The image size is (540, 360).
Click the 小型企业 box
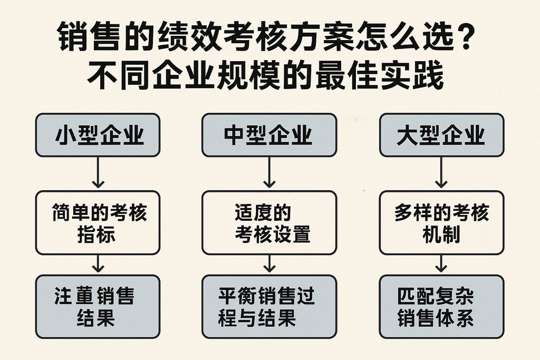pyautogui.click(x=98, y=135)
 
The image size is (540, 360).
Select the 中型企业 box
pyautogui.click(x=269, y=135)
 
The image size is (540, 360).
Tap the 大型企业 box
pyautogui.click(x=441, y=135)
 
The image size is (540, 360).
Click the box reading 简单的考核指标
pyautogui.click(x=98, y=223)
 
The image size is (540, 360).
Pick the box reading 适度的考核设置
pyautogui.click(x=269, y=223)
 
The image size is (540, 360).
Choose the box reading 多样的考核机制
pyautogui.click(x=441, y=223)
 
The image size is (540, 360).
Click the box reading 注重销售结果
pyautogui.click(x=98, y=306)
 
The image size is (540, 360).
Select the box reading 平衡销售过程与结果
pyautogui.click(x=269, y=306)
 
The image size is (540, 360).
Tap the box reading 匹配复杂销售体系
pyautogui.click(x=441, y=306)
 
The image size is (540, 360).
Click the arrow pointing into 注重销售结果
pyautogui.click(x=98, y=264)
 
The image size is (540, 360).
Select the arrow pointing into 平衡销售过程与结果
pyautogui.click(x=269, y=264)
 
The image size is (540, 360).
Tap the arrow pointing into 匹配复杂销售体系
pyautogui.click(x=441, y=264)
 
